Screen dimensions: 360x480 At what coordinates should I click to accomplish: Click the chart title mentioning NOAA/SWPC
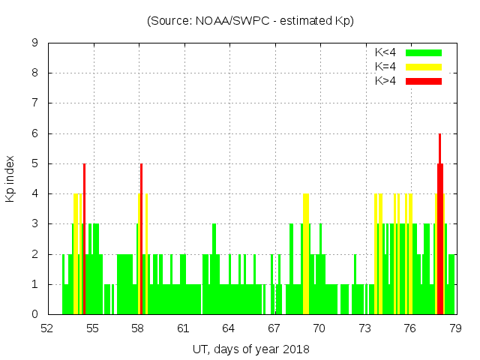click(250, 21)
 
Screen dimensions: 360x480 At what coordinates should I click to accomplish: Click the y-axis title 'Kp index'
click(10, 178)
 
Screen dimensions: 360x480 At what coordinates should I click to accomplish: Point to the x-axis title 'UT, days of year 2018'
click(250, 349)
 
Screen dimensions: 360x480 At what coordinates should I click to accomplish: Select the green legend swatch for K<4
click(424, 52)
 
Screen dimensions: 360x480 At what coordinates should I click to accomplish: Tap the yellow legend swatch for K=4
click(424, 67)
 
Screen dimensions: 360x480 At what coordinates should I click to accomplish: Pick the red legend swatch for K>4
click(424, 80)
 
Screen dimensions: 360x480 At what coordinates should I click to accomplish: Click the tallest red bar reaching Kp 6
click(439, 225)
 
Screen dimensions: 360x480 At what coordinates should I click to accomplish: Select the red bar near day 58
click(141, 240)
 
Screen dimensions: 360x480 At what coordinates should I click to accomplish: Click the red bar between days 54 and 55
click(85, 240)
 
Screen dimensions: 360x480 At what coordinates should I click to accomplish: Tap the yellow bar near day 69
click(306, 255)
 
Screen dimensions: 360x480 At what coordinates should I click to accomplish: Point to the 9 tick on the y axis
click(34, 43)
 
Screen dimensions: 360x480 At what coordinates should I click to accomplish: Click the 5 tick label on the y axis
click(34, 163)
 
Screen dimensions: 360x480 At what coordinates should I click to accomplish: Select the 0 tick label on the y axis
click(34, 314)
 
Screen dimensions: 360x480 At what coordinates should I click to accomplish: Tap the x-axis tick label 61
click(183, 328)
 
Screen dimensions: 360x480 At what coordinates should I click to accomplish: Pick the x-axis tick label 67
click(274, 328)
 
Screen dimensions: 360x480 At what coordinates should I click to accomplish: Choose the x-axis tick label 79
click(454, 328)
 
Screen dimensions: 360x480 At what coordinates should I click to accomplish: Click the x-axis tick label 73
click(364, 328)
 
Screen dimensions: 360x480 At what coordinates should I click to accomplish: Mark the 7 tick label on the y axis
click(34, 103)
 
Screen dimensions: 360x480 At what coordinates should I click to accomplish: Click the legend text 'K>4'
click(385, 80)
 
